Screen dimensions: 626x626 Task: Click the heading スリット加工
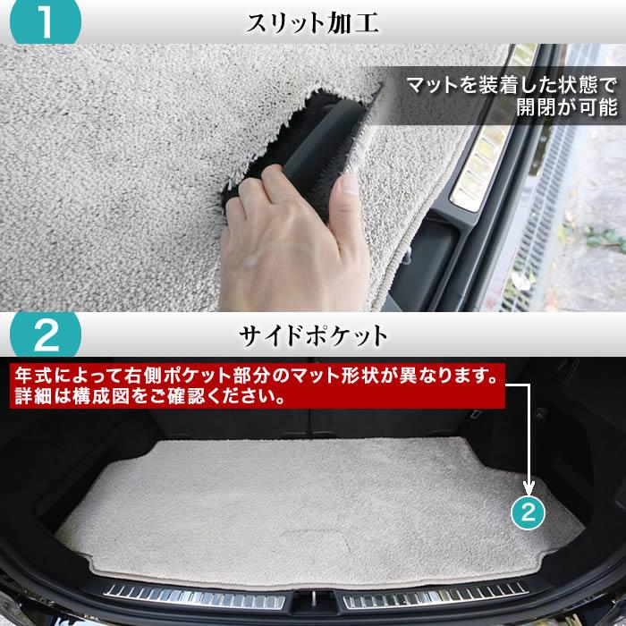pos(313,22)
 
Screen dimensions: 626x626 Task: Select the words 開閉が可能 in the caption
pos(554,110)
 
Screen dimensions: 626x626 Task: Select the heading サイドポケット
pos(313,337)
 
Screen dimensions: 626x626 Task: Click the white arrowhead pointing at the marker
pos(528,489)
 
